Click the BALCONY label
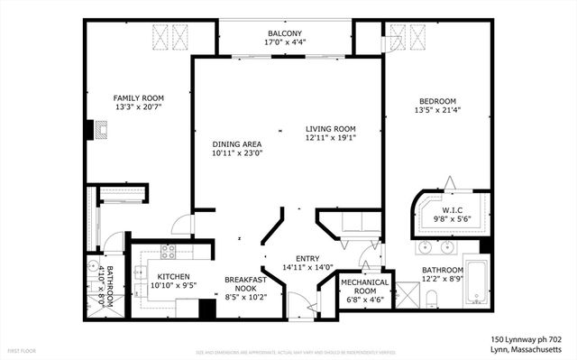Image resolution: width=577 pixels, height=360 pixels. (x=283, y=32)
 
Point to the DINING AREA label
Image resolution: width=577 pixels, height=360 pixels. (x=236, y=143)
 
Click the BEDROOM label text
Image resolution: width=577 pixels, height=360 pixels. (x=437, y=101)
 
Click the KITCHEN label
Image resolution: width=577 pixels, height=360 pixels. (x=173, y=277)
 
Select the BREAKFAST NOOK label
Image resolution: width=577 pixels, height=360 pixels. (x=243, y=286)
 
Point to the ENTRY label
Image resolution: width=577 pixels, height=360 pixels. (x=295, y=258)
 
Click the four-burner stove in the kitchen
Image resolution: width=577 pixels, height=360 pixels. (x=167, y=250)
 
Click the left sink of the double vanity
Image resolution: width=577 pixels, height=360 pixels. (x=426, y=245)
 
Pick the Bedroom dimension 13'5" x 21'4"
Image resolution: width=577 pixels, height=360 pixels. (x=437, y=111)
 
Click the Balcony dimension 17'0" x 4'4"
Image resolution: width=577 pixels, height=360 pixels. (x=283, y=42)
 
